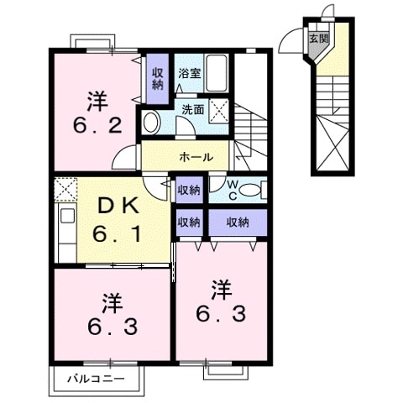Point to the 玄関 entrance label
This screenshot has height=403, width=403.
click(x=318, y=39)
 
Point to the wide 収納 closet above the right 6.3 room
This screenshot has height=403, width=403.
click(x=238, y=222)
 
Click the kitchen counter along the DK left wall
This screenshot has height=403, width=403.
click(x=65, y=232)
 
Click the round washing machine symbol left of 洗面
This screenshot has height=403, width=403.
click(x=152, y=122)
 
